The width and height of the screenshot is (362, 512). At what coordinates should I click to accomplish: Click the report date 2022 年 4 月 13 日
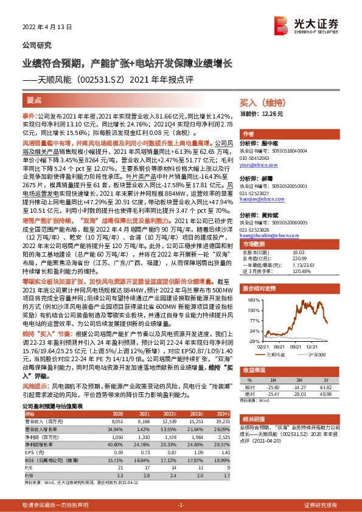(x=47, y=27)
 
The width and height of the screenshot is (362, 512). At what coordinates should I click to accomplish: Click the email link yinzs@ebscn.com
(x=258, y=164)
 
